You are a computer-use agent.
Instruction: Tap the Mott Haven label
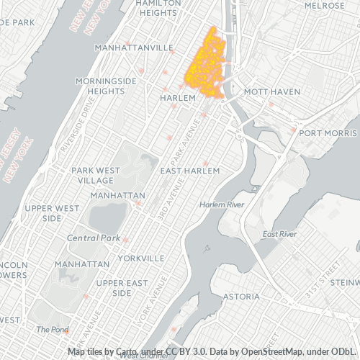(x=266, y=93)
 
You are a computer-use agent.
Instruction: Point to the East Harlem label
(x=189, y=171)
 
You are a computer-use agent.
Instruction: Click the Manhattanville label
(x=135, y=48)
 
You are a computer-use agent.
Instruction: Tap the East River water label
(x=280, y=234)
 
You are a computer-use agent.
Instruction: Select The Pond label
(x=52, y=329)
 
